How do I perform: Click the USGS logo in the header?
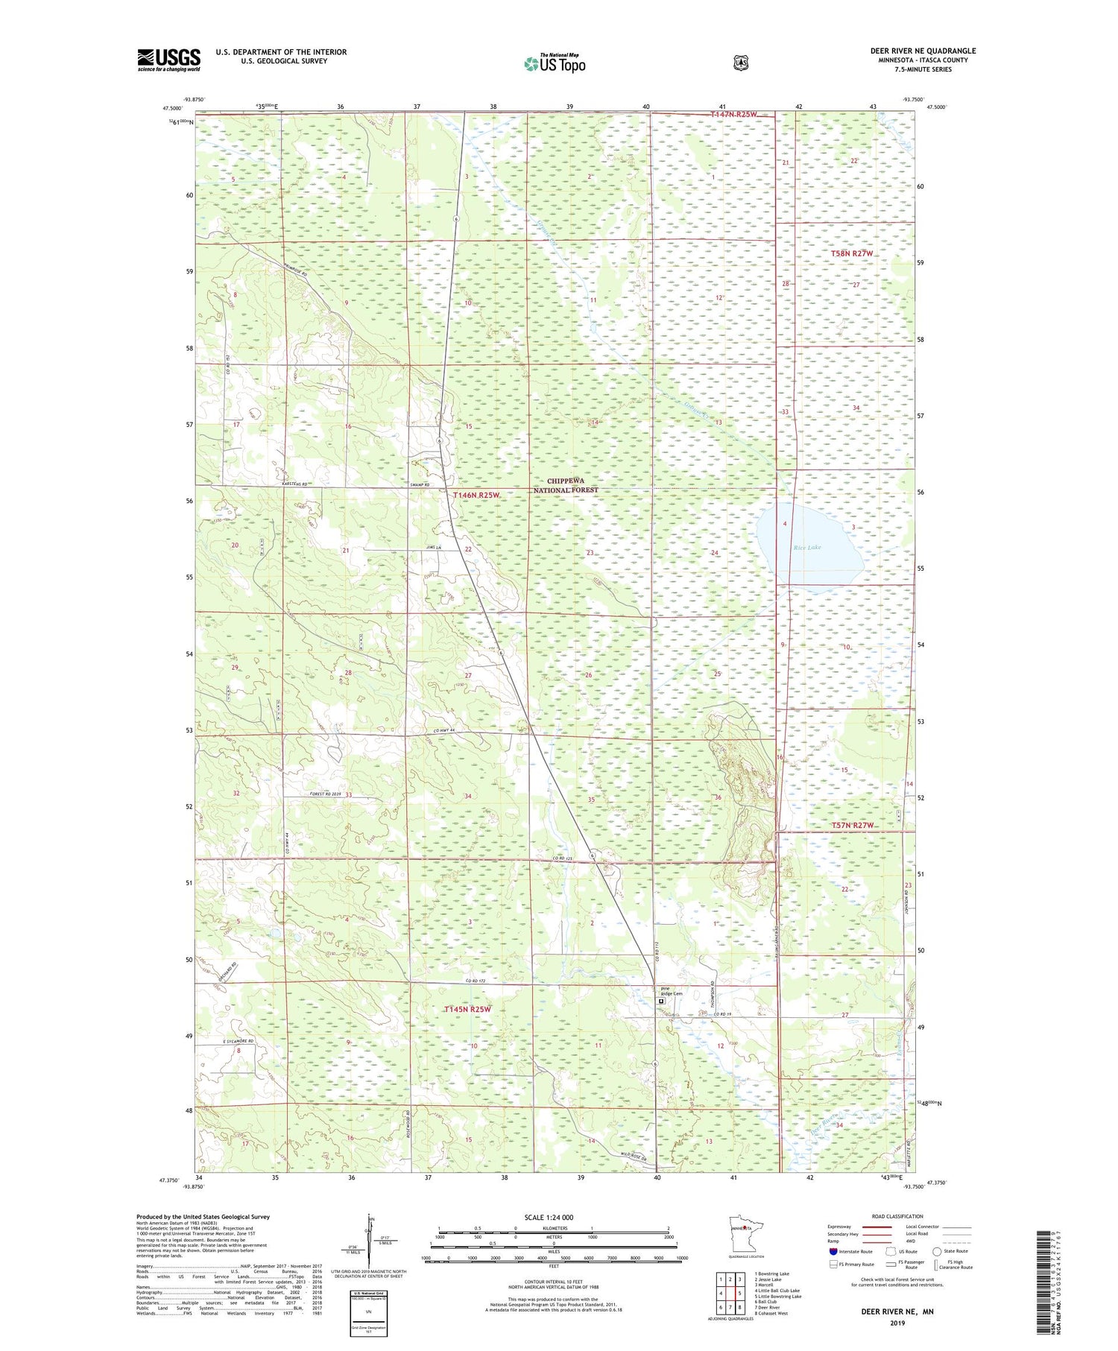[168, 60]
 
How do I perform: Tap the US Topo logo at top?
[555, 63]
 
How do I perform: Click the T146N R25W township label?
[476, 495]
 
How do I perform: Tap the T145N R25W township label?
[467, 1010]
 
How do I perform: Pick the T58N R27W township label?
[851, 254]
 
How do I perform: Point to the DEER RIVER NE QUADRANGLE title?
[923, 51]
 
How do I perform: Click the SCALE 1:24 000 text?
[548, 1218]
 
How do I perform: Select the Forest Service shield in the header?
[740, 63]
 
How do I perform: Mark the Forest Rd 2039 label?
[325, 794]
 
